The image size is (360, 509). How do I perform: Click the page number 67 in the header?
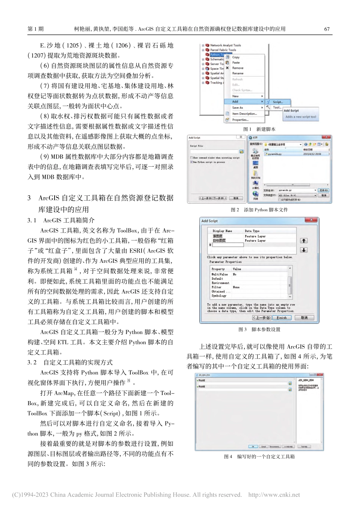327,29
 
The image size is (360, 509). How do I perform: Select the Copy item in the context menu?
236,57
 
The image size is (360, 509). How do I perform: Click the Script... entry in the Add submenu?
277,102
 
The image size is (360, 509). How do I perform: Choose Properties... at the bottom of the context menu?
240,120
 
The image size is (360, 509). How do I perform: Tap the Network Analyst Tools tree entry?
225,45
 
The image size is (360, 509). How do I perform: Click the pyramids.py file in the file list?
274,154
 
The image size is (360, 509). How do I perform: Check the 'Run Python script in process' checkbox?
191,162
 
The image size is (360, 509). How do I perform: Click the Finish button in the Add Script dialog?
281,318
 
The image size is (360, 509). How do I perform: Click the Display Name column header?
222,231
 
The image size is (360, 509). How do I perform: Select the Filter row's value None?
236,287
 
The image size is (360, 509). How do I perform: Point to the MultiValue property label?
220,274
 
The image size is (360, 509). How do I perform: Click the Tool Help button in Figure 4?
304,447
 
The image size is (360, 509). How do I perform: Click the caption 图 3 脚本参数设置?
260,329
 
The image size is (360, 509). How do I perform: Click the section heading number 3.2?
32,362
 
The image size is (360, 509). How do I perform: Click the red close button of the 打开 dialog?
326,138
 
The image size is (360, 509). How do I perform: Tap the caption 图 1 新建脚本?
259,129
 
